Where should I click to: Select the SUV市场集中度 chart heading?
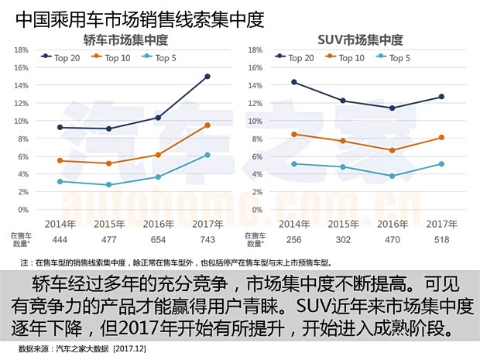(360, 39)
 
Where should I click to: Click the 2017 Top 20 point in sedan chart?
(207, 77)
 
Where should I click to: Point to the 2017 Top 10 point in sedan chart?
(207, 125)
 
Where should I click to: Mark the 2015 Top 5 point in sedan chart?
(108, 185)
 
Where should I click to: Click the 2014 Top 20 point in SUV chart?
(293, 82)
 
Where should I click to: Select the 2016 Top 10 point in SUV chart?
(392, 150)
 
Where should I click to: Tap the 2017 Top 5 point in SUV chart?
(441, 164)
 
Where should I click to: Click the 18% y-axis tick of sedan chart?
(21, 50)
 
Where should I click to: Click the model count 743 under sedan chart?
(207, 241)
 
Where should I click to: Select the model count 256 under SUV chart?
(293, 241)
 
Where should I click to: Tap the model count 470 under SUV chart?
(392, 241)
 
